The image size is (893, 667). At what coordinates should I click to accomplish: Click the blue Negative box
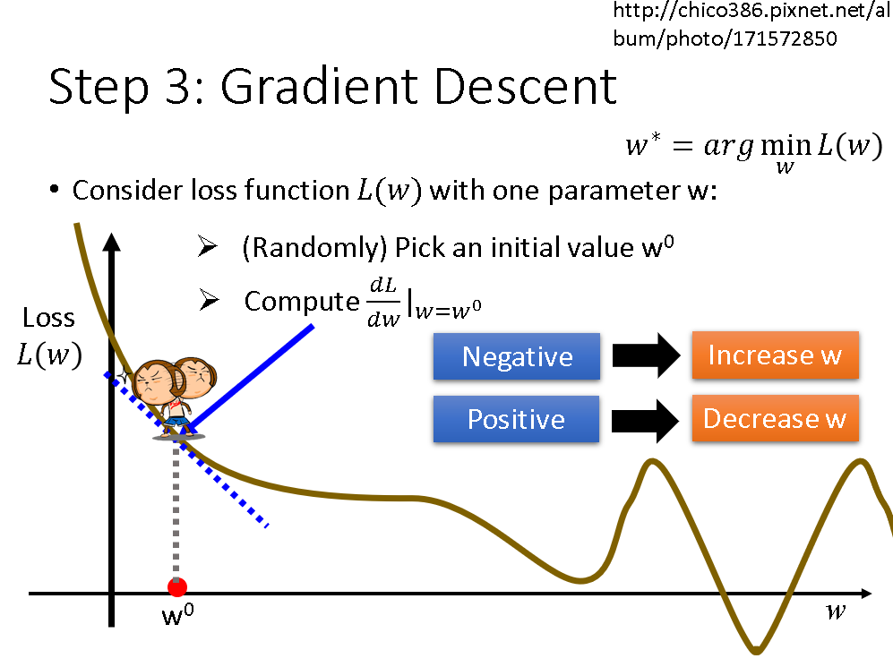pos(517,356)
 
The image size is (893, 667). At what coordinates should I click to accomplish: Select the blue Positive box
pos(516,419)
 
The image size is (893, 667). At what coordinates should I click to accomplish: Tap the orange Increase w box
pos(775,355)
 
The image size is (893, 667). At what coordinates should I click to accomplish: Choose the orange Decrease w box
pos(775,418)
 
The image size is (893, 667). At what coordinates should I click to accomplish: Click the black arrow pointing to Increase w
pos(646,355)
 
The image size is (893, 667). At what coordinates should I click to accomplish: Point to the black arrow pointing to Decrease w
pos(645,421)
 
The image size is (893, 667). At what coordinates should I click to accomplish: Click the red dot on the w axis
pos(177,586)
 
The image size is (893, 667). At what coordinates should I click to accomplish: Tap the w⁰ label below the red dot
pos(177,615)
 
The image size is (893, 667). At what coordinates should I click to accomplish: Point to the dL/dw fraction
pos(384,303)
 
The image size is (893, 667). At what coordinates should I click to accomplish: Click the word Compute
pos(302,302)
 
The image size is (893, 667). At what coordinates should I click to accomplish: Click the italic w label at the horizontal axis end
pos(836,611)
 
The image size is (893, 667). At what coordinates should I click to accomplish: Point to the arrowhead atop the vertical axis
pos(112,242)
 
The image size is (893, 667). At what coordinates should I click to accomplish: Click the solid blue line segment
pos(250,378)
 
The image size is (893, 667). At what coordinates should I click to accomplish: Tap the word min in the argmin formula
pos(786,146)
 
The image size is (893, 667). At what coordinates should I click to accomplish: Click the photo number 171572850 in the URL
pos(785,38)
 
